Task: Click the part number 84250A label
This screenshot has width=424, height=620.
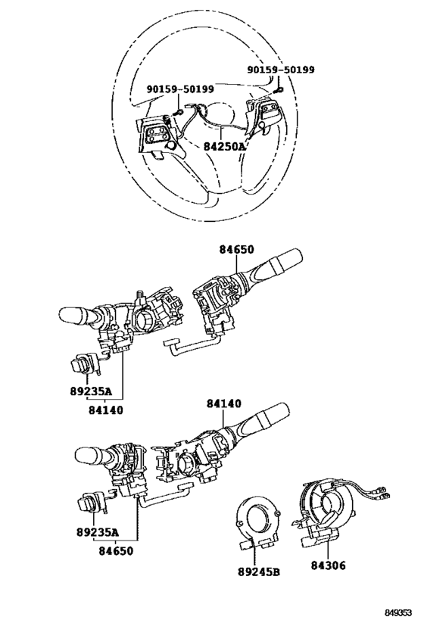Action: pos(225,147)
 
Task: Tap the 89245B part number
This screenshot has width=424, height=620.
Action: pos(259,572)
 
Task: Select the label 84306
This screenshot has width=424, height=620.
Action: pos(328,565)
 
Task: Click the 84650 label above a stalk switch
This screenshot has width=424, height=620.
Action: pos(236,250)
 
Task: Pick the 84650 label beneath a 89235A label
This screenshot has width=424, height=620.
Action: pos(116,550)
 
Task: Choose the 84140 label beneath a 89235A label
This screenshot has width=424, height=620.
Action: pos(105,410)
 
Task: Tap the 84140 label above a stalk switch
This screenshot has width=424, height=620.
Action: pos(224,403)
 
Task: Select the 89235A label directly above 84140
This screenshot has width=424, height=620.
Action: pos(91,391)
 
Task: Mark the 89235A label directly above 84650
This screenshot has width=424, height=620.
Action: pos(98,532)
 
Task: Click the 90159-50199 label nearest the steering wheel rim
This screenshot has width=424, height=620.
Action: pos(281,70)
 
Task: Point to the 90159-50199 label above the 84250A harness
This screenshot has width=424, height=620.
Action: pos(180,89)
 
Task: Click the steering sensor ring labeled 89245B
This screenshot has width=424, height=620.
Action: pos(258,517)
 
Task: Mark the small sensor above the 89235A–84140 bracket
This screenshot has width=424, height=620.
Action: pos(84,363)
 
